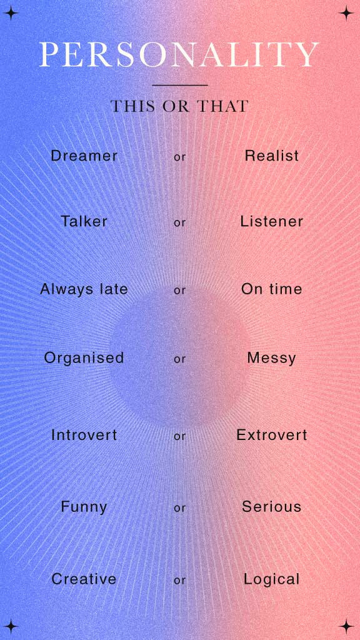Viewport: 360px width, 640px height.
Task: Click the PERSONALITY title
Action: pyautogui.click(x=179, y=55)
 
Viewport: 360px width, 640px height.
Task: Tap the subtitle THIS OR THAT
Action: pyautogui.click(x=179, y=106)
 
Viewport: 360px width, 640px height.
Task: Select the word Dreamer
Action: pyautogui.click(x=84, y=156)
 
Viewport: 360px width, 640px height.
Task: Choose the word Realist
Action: pyautogui.click(x=272, y=156)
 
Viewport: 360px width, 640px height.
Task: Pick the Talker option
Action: pyautogui.click(x=84, y=221)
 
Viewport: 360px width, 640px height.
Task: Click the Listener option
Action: pyautogui.click(x=272, y=221)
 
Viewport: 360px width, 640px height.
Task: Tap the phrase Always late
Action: pyautogui.click(x=84, y=289)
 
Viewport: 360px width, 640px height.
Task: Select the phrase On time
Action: pyautogui.click(x=272, y=289)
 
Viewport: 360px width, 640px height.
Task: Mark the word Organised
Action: pyautogui.click(x=84, y=358)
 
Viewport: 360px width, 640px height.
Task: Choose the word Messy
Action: pyautogui.click(x=272, y=358)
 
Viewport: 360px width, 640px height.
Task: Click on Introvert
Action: pyautogui.click(x=84, y=435)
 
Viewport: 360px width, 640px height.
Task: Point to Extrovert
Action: pyautogui.click(x=272, y=435)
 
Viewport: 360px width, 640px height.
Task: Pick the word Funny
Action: pyautogui.click(x=84, y=507)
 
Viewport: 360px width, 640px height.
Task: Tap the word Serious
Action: pyautogui.click(x=272, y=507)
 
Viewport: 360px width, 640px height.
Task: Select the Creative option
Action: pyautogui.click(x=84, y=579)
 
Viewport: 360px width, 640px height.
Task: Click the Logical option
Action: pyautogui.click(x=272, y=579)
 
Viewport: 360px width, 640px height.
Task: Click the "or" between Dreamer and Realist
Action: pyautogui.click(x=180, y=157)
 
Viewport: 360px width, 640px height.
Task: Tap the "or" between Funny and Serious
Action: pyautogui.click(x=180, y=509)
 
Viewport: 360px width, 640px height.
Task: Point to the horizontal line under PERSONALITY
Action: pyautogui.click(x=179, y=85)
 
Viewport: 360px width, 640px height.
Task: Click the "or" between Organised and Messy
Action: pyautogui.click(x=180, y=359)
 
